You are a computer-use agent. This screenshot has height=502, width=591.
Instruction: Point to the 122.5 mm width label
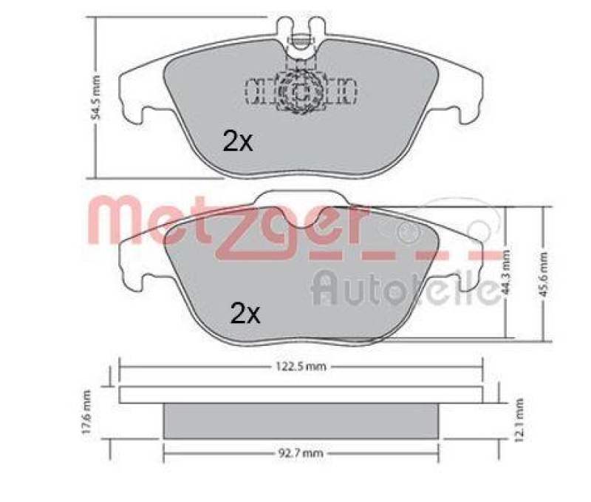[x=301, y=366]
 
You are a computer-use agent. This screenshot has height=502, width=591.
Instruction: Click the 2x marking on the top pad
[x=237, y=140]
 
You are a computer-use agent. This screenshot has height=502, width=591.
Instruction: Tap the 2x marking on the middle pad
[x=245, y=315]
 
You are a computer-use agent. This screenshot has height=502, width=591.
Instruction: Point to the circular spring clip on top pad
[x=300, y=93]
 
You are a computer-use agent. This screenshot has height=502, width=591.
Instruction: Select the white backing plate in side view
[x=301, y=394]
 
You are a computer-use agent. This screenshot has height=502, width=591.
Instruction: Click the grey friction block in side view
[x=301, y=419]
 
